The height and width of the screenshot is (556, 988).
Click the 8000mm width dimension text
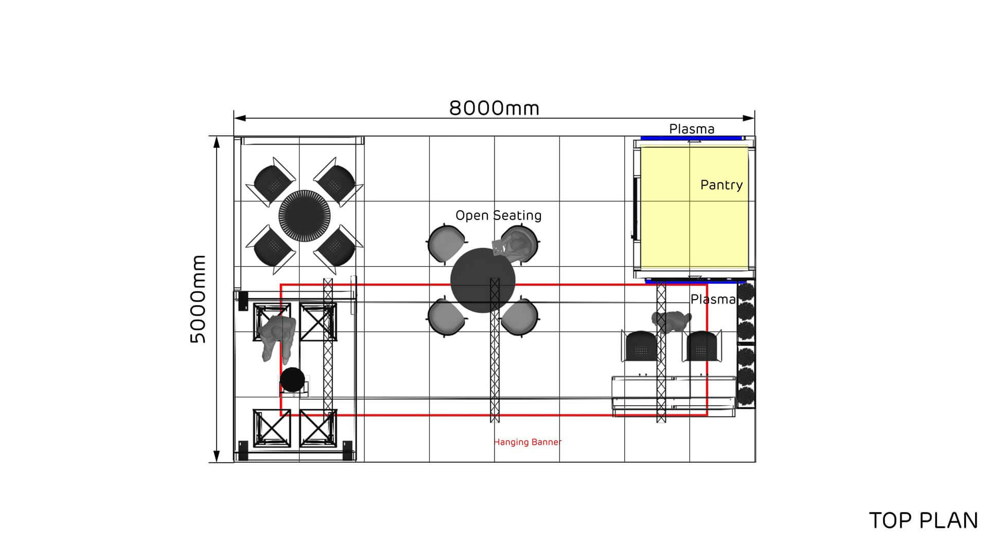coord(494,108)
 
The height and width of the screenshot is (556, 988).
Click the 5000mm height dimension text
coord(198,299)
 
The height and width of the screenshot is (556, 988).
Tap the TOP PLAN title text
coord(923,520)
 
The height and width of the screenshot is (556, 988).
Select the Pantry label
coord(721,185)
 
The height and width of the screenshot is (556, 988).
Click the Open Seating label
coord(498,215)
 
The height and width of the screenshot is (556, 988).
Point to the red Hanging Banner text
coord(527,442)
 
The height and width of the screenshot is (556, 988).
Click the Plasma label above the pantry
coord(692,129)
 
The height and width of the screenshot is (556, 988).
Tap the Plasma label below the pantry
coord(713,299)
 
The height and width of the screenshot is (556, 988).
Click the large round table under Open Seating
coord(482,281)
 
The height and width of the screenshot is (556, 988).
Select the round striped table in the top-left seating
coord(305,215)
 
